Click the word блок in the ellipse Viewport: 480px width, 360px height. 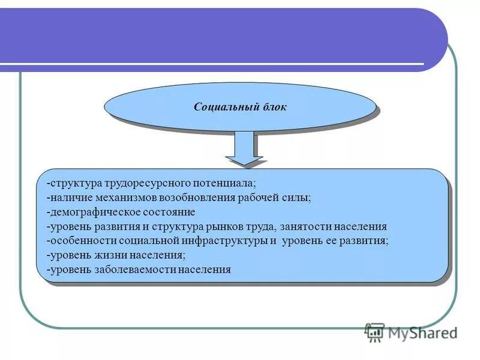(275, 107)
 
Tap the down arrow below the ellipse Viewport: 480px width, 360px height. (244, 150)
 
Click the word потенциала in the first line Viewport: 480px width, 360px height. (223, 183)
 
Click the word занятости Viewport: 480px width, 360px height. (302, 227)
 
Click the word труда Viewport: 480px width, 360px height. (263, 227)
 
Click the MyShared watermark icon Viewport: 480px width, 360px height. (374, 332)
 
